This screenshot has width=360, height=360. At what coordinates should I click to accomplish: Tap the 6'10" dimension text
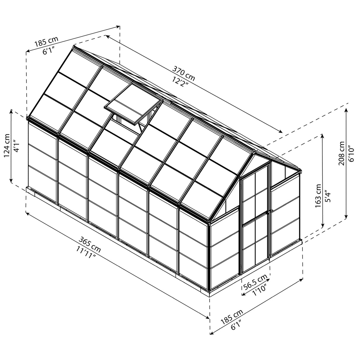coord(351,154)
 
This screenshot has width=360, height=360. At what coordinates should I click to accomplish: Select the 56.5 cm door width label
coord(255,282)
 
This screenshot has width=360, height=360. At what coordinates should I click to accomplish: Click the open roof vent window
coord(133,104)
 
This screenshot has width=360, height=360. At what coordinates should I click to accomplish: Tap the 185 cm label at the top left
coord(46,42)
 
